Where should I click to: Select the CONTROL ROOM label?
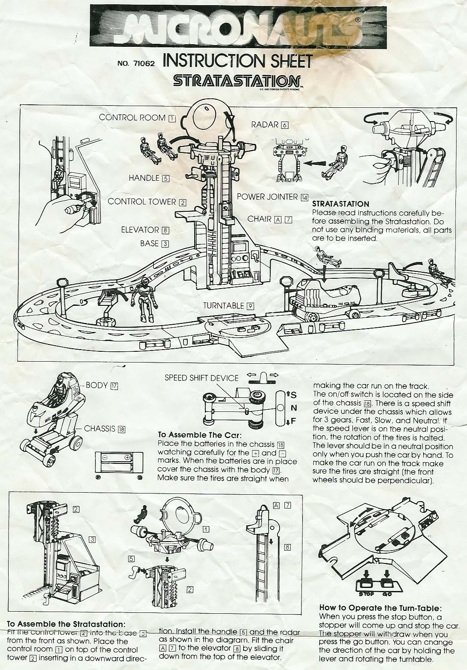click(132, 117)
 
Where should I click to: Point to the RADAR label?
click(265, 125)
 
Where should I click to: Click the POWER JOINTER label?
click(267, 197)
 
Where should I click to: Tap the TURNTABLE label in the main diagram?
click(223, 305)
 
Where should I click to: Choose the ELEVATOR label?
click(140, 230)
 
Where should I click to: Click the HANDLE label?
click(144, 178)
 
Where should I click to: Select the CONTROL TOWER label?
click(142, 201)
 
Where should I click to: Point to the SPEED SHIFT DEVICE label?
click(201, 378)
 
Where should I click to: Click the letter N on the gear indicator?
click(294, 408)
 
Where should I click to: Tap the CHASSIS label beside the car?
click(100, 429)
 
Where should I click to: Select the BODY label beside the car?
click(97, 385)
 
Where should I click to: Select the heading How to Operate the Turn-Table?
click(380, 608)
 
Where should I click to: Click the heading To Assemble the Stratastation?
click(67, 624)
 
